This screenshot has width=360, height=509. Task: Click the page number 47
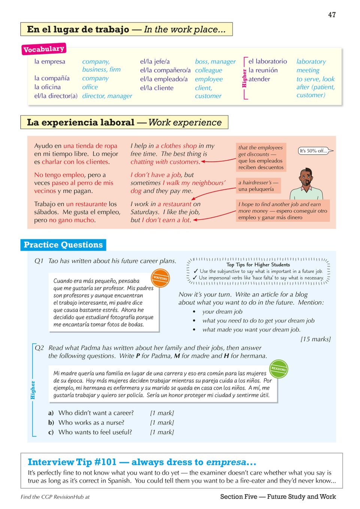pyautogui.click(x=332, y=15)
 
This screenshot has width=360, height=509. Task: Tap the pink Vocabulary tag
pyautogui.click(x=43, y=49)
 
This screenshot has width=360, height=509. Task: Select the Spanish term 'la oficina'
pyautogui.click(x=48, y=87)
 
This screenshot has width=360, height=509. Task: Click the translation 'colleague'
pyautogui.click(x=208, y=70)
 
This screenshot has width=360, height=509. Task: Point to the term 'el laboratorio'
pyautogui.click(x=267, y=61)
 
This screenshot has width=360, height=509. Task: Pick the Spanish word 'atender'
pyautogui.click(x=259, y=79)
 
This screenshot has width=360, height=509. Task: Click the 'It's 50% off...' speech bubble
pyautogui.click(x=314, y=151)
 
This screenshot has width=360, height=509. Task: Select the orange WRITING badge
pyautogui.click(x=160, y=278)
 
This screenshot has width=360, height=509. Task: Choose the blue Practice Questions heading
pyautogui.click(x=63, y=245)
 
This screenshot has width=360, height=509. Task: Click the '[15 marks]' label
pyautogui.click(x=315, y=339)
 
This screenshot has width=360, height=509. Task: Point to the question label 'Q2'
pyautogui.click(x=39, y=348)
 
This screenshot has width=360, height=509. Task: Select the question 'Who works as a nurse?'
pyautogui.click(x=91, y=423)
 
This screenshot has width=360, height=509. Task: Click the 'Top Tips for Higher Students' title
pyautogui.click(x=258, y=265)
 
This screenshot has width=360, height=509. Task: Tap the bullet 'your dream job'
pyautogui.click(x=222, y=311)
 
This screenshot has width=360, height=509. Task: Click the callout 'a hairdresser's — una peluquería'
pyautogui.click(x=258, y=186)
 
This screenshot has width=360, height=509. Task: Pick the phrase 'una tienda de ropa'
pyautogui.click(x=90, y=146)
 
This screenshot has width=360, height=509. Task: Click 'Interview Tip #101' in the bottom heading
pyautogui.click(x=72, y=462)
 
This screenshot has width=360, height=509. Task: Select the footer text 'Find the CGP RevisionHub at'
pyautogui.click(x=55, y=497)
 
